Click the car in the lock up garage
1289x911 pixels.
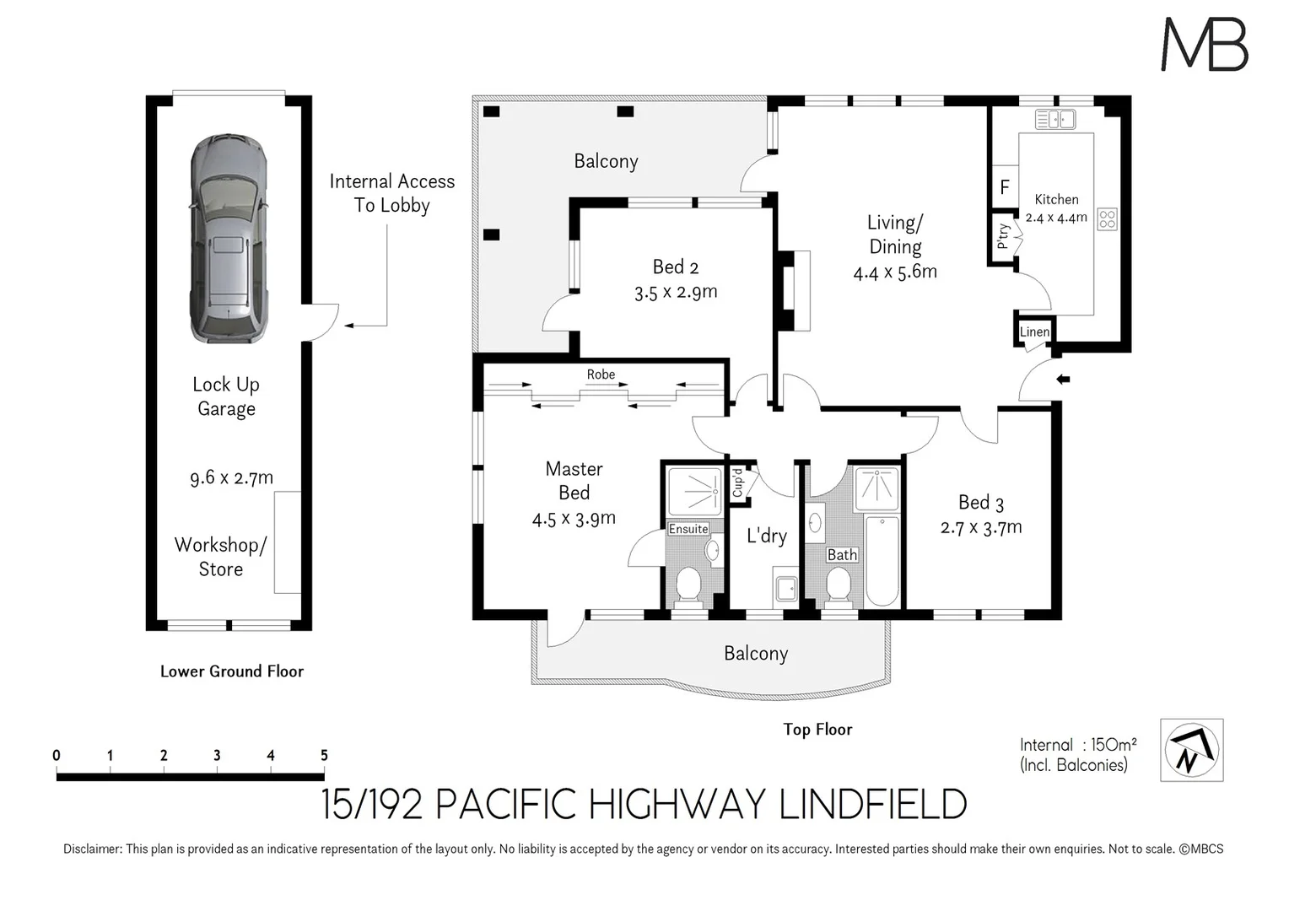[x=228, y=238]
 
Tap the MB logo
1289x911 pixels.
[x=1204, y=45]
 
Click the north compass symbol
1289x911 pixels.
[x=1191, y=750]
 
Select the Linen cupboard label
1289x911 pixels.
[x=1034, y=332]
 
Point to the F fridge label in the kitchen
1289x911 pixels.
[x=1004, y=187]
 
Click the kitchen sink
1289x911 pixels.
[x=1055, y=120]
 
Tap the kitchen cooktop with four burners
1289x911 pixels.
[x=1107, y=219]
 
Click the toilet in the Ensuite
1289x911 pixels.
[x=688, y=586]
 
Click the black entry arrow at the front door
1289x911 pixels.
[x=1063, y=380]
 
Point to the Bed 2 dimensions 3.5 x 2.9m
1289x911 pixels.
[x=676, y=292]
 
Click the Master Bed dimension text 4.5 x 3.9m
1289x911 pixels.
[x=574, y=519]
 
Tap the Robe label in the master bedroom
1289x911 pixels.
[x=601, y=375]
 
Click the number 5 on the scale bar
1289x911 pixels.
[x=324, y=755]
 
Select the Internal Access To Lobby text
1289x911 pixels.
[x=391, y=193]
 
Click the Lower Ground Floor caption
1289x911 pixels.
[x=232, y=671]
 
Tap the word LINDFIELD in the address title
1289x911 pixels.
[x=872, y=805]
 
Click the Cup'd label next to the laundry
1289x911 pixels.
[x=738, y=484]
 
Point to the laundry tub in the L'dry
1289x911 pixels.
[x=785, y=589]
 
